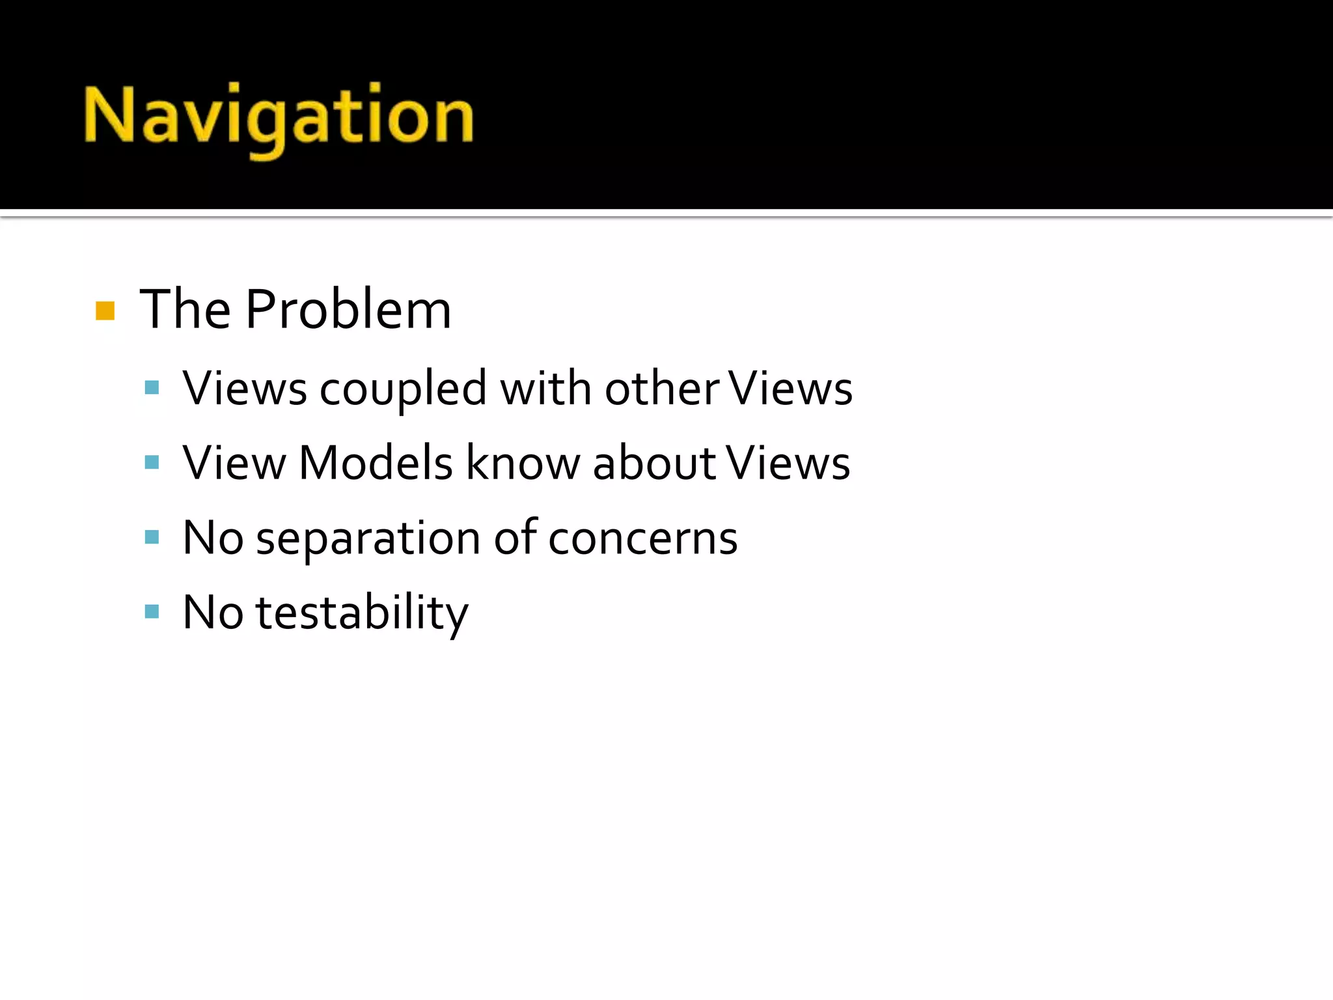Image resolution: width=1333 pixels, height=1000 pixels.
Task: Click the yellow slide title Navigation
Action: [x=279, y=117]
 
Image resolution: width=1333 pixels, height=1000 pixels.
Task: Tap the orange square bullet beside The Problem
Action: [x=105, y=311]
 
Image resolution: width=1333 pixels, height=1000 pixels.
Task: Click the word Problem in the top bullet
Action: [x=348, y=309]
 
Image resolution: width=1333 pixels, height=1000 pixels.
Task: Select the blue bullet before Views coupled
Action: [x=152, y=388]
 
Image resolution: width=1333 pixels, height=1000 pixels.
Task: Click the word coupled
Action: [x=403, y=389]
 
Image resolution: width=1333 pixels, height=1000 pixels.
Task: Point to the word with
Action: [x=545, y=388]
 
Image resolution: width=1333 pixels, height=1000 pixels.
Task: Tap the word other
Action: [x=662, y=388]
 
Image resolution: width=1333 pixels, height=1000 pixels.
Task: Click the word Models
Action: [x=376, y=463]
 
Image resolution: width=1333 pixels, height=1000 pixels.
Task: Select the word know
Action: [x=522, y=463]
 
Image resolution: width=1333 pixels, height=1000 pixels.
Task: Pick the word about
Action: [x=654, y=463]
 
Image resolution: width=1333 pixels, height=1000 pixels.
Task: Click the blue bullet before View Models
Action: [x=152, y=463]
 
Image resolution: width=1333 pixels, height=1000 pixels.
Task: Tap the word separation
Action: [x=368, y=539]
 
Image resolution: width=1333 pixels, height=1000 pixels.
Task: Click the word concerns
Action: [x=642, y=539]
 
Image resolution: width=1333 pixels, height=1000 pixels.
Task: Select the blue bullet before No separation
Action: [x=152, y=537]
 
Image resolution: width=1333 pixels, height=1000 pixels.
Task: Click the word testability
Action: [x=362, y=613]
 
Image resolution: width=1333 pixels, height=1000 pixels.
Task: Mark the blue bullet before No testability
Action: [x=152, y=612]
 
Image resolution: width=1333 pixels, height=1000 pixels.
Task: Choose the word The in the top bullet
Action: [x=186, y=309]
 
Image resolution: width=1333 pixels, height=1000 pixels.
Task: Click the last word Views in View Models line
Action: [x=788, y=463]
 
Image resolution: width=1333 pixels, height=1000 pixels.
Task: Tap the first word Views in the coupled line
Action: [x=245, y=388]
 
